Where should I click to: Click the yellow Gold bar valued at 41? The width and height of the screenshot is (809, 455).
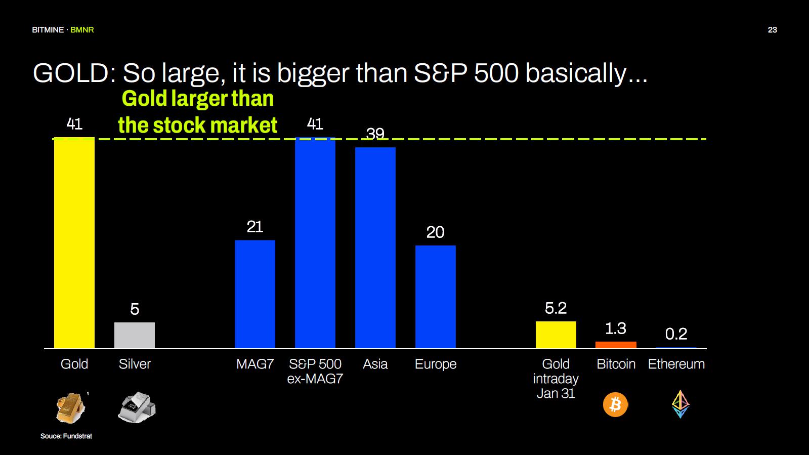[74, 243]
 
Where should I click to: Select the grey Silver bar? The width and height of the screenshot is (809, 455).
[134, 335]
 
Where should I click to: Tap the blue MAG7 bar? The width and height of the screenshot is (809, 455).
[254, 294]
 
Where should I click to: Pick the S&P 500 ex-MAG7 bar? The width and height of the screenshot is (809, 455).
[315, 243]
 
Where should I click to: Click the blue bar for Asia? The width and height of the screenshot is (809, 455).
[375, 247]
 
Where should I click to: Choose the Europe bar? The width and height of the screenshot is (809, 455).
[435, 297]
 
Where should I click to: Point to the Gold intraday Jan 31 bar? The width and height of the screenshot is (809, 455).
[556, 335]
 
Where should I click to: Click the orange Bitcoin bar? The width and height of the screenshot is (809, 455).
[616, 345]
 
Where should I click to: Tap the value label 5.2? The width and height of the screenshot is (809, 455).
[556, 308]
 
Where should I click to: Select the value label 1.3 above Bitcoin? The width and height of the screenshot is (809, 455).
[616, 328]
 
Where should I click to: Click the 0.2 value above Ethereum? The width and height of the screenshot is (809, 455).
[676, 334]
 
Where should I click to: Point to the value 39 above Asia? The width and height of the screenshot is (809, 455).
[375, 134]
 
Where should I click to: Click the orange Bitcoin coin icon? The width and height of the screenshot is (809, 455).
[615, 404]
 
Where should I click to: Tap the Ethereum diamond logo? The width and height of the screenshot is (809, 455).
[680, 403]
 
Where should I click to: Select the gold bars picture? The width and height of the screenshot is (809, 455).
[70, 407]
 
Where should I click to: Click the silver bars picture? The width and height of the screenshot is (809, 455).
[137, 407]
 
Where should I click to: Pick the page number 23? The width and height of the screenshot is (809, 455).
[772, 30]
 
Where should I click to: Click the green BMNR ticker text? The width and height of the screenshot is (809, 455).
[82, 30]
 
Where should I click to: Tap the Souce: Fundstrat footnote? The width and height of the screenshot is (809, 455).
[66, 436]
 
